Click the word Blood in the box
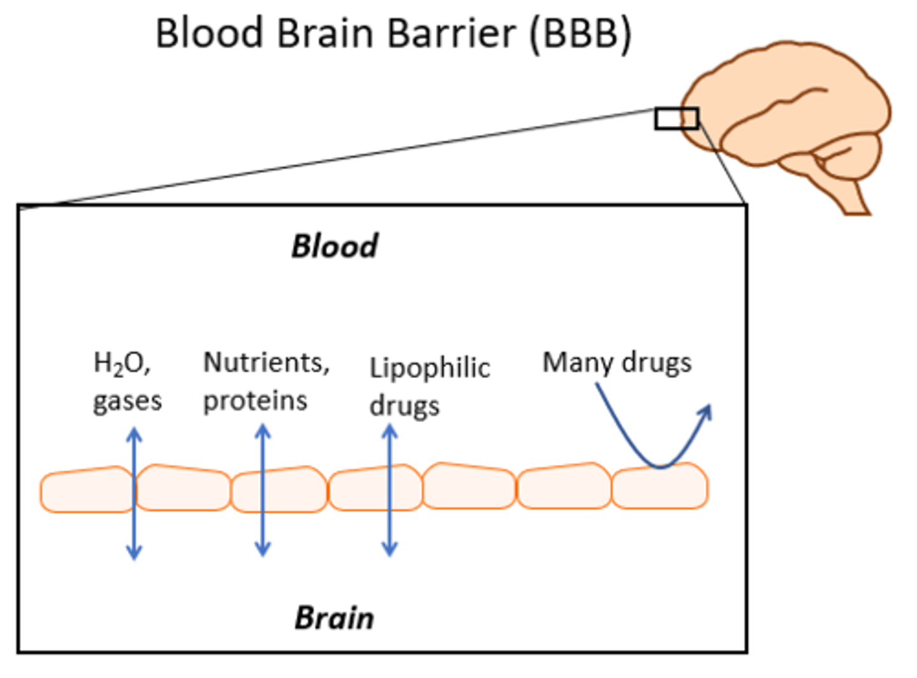click(334, 246)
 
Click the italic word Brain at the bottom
click(334, 618)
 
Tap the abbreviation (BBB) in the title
click(580, 33)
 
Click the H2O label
click(121, 363)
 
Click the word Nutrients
click(266, 363)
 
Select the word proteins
click(255, 401)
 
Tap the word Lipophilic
click(430, 368)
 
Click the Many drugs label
click(616, 363)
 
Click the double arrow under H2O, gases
click(134, 494)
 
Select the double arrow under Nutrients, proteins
click(262, 490)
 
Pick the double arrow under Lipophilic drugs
click(390, 490)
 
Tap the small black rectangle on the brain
click(676, 119)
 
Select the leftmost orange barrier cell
click(86, 490)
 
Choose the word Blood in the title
click(210, 33)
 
